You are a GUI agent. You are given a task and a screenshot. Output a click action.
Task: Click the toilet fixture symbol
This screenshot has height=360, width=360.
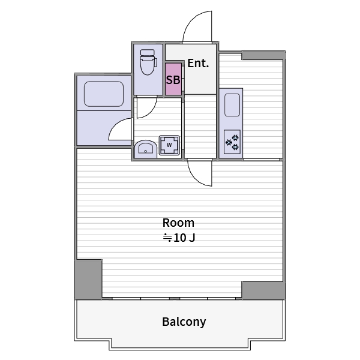tap(149, 62)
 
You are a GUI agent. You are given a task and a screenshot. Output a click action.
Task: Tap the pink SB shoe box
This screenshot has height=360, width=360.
tap(173, 79)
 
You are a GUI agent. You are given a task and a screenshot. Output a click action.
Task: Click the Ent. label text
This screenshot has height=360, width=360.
tap(198, 64)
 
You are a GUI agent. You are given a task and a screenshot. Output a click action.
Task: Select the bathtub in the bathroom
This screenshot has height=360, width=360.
tap(104, 94)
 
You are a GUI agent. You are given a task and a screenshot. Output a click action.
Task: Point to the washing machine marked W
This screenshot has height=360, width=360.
tap(169, 145)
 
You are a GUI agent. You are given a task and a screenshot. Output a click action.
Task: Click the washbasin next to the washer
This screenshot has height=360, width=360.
tap(146, 149)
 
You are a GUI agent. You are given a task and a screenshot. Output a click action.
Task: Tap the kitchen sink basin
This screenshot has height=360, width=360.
tap(232, 105)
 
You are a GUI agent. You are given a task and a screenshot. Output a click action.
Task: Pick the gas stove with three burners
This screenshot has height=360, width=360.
tap(232, 142)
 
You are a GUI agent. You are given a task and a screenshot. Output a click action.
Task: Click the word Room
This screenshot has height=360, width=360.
tap(178, 223)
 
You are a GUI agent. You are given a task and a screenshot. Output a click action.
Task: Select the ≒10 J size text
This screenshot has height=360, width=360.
tap(179, 238)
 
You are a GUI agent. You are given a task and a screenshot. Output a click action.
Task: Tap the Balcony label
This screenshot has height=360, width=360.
tap(184, 322)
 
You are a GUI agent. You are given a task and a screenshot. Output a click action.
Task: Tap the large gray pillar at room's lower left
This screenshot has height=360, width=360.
tap(88, 279)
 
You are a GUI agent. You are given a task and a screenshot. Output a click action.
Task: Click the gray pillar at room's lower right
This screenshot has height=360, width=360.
tap(263, 290)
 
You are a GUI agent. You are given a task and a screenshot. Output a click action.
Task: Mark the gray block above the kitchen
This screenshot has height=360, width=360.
tap(263, 55)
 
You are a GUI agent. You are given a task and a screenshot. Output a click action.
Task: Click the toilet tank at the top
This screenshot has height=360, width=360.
tap(148, 53)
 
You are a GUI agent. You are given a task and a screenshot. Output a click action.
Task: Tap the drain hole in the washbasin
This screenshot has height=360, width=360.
tap(145, 151)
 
